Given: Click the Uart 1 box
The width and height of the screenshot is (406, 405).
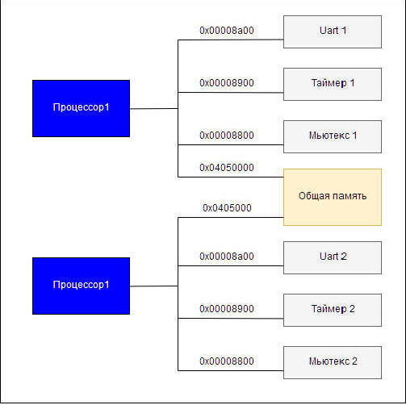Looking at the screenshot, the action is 333,31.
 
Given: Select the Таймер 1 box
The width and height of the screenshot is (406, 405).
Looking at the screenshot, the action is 333,84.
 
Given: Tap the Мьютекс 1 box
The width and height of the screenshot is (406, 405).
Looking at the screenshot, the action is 333,136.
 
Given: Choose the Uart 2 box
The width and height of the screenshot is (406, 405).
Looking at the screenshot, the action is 333,257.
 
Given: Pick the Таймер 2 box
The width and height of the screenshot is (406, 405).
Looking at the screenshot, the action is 333,310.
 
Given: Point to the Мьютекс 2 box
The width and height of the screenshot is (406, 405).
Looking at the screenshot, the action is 333,362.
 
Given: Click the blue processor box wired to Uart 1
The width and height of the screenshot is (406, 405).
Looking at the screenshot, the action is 81,108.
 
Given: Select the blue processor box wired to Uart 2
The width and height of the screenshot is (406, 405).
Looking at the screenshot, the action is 81,286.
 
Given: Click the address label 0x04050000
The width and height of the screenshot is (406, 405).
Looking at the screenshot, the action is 227,168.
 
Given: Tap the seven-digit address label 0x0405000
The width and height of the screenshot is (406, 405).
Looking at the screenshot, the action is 227,208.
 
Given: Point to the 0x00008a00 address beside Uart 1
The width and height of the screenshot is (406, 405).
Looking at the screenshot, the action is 227,31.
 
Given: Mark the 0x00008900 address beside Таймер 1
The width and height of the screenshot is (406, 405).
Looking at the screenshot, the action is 227,83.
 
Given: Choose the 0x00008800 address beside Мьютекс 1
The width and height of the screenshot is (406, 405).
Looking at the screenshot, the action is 227,136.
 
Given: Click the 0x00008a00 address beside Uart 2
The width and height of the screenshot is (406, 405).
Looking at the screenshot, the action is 227,257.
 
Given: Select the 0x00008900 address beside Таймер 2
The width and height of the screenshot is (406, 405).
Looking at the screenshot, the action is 227,309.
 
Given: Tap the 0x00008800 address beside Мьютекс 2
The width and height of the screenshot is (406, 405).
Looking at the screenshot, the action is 227,361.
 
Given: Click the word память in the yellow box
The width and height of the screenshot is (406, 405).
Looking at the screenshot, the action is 349,196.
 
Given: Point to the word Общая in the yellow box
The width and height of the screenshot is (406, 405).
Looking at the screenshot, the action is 314,196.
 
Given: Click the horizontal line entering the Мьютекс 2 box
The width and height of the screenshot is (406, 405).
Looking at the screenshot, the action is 231,370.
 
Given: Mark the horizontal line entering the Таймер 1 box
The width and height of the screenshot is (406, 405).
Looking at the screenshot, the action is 231,93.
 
